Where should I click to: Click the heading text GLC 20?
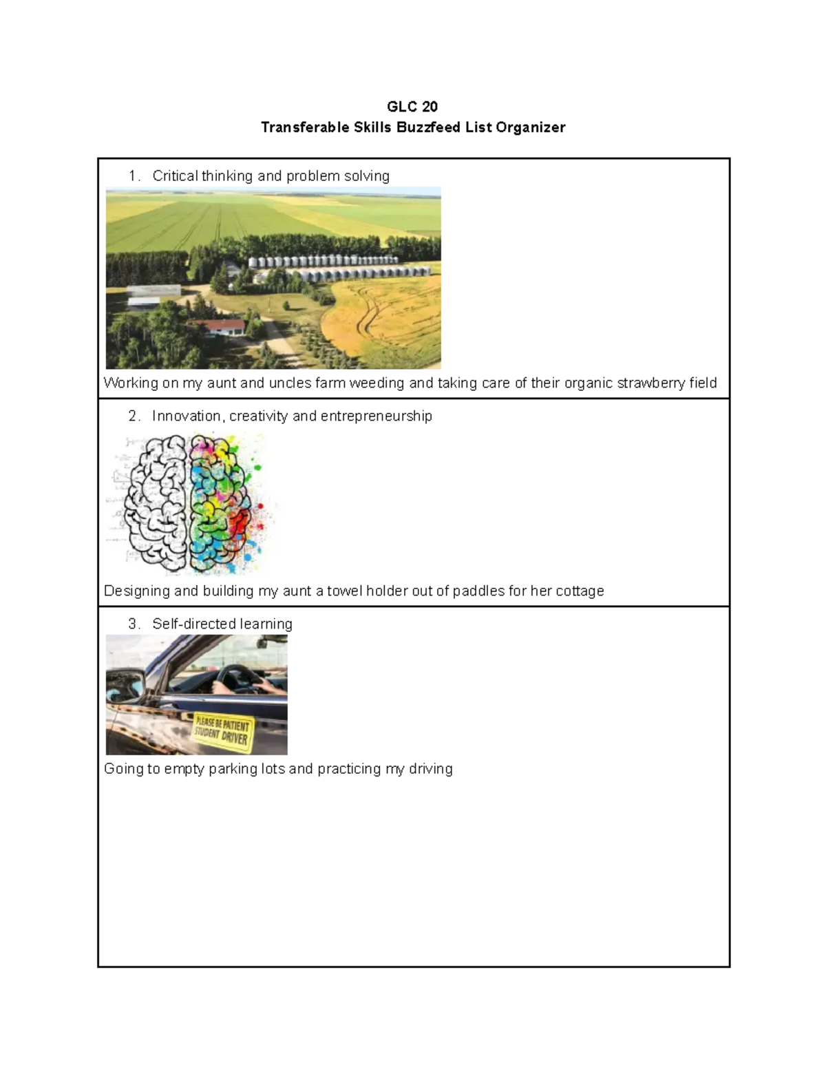coord(412,107)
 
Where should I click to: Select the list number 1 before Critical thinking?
coord(133,176)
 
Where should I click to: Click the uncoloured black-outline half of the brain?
coord(155,503)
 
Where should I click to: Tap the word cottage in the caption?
coord(580,591)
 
